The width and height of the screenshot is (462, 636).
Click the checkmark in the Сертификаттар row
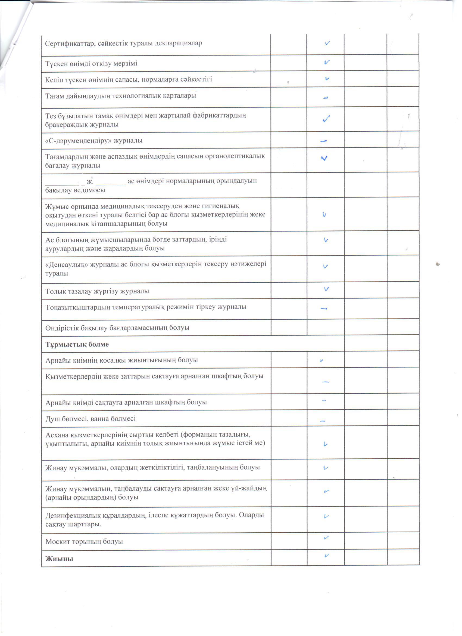tap(327, 44)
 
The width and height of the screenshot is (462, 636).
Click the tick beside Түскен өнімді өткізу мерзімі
tap(327, 63)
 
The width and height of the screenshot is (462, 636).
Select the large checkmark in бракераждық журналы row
tap(326, 119)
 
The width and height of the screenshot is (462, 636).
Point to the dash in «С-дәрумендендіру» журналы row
tap(324, 141)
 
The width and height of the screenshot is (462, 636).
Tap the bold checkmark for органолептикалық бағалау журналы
tap(324, 158)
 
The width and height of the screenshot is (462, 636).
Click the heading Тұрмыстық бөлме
tap(77, 344)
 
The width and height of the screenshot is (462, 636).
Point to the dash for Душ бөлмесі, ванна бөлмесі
tap(323, 421)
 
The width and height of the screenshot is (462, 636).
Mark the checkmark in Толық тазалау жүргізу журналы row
tap(326, 289)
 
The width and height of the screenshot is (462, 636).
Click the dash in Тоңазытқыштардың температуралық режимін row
tap(324, 309)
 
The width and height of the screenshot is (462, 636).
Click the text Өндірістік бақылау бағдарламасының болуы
tap(117, 328)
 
